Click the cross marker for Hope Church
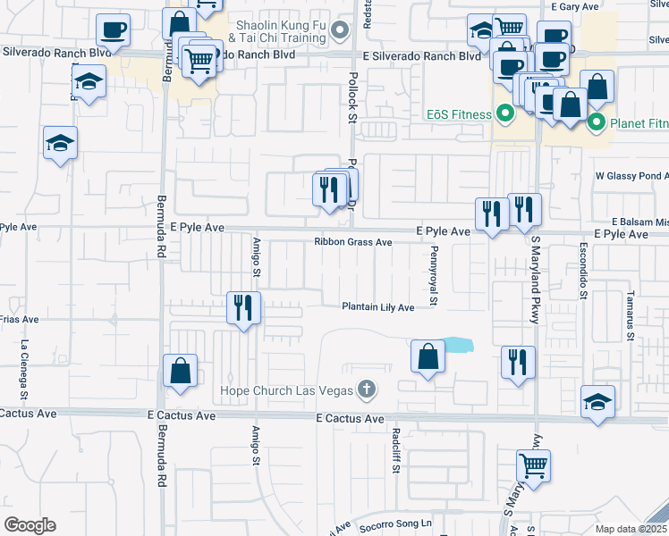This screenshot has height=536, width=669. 365,389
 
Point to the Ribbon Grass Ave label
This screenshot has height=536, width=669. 353,242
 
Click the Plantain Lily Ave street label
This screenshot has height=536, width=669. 378,307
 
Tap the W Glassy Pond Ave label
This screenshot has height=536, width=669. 631,177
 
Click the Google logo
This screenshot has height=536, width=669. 30,524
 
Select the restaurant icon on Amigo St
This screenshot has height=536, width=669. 243,307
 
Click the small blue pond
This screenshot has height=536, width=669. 458,344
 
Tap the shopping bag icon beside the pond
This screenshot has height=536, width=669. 428,356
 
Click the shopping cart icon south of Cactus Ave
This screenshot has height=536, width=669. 533,465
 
